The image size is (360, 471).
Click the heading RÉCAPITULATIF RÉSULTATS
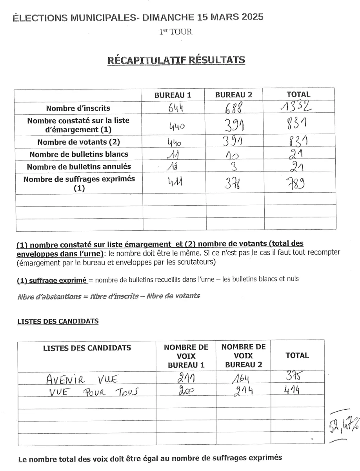click(x=176, y=60)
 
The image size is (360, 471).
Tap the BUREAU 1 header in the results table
click(x=173, y=95)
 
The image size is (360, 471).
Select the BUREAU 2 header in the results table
click(x=234, y=95)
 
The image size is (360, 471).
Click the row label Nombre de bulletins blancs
click(x=79, y=154)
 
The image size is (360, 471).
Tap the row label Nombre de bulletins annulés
click(x=79, y=166)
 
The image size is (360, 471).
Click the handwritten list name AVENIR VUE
click(x=82, y=380)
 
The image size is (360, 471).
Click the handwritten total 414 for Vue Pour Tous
click(x=296, y=391)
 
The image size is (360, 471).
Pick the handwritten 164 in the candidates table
click(x=241, y=380)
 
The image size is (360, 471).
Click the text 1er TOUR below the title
click(x=176, y=32)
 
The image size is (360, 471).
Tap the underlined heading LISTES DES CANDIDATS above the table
click(x=58, y=321)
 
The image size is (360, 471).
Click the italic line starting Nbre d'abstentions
click(x=108, y=296)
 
